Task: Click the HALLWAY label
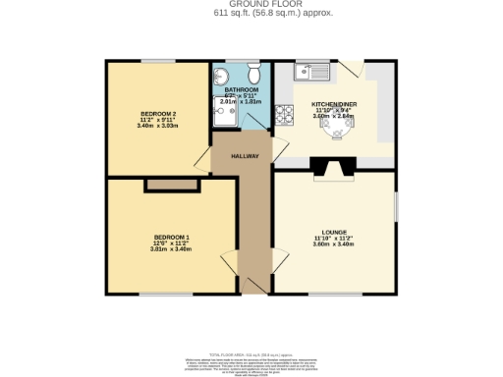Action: click(x=244, y=156)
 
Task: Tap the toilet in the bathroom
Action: click(x=253, y=75)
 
